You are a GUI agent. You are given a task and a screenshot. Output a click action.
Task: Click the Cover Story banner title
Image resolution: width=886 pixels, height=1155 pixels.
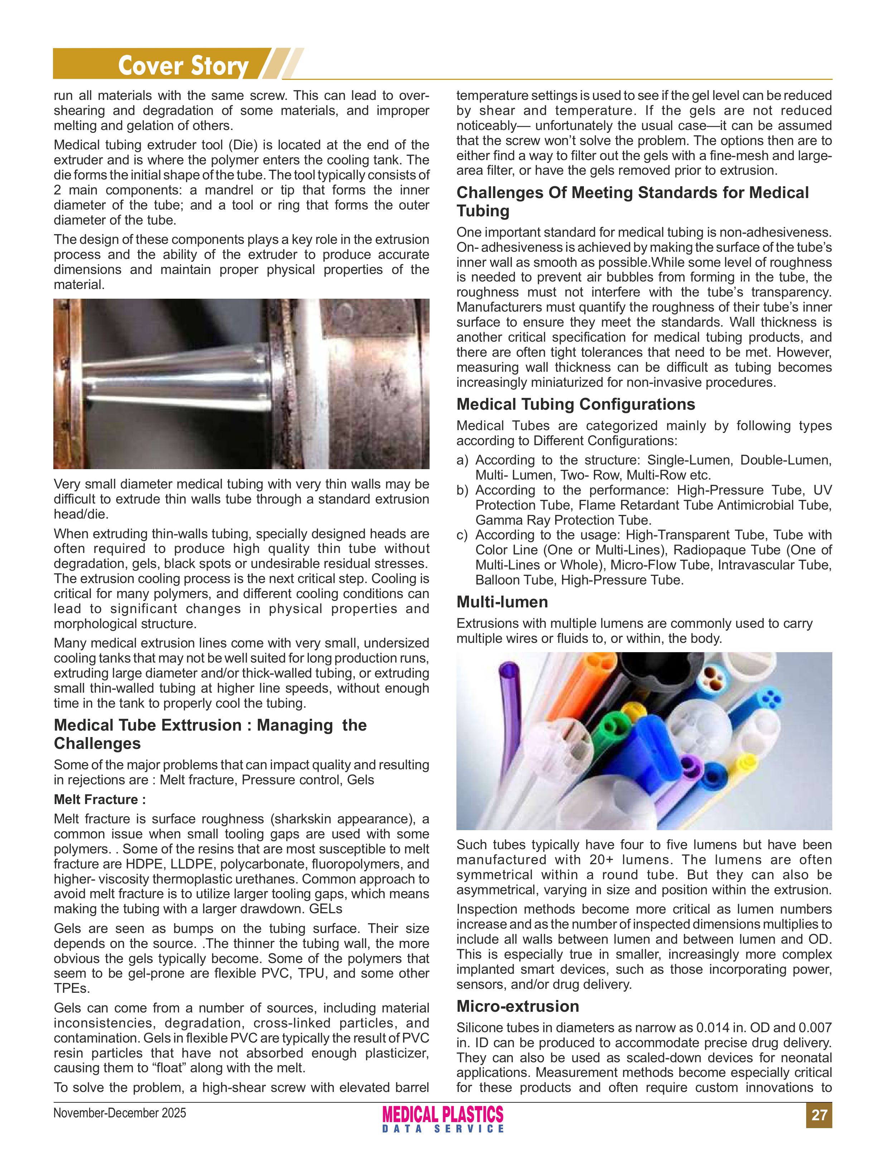(x=183, y=66)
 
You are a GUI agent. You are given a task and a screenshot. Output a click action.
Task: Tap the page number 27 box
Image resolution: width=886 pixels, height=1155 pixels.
(x=818, y=1115)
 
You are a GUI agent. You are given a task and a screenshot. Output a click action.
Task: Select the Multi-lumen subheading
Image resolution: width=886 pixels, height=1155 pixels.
(x=502, y=602)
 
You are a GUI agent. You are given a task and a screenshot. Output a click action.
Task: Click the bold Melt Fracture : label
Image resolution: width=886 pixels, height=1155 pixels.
(x=100, y=799)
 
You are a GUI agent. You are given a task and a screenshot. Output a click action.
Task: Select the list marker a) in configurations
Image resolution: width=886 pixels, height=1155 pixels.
(x=462, y=460)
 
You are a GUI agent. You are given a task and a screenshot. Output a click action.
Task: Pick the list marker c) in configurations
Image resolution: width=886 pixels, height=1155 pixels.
(x=462, y=535)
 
